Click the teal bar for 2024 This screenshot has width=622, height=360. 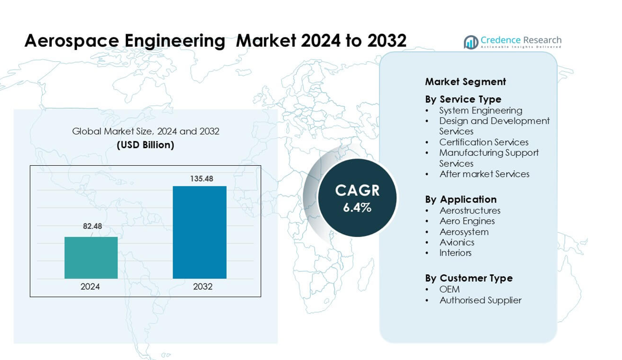click(x=91, y=258)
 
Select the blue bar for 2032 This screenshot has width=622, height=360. click(x=199, y=232)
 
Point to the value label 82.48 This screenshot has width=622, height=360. click(x=92, y=226)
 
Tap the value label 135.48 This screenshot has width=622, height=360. click(x=202, y=179)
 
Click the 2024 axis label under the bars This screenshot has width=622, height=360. click(x=90, y=287)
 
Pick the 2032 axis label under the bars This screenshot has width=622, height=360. click(x=203, y=287)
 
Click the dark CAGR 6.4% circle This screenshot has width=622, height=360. click(x=357, y=198)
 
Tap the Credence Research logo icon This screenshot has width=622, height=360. click(x=471, y=42)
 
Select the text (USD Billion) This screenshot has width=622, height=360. click(x=145, y=145)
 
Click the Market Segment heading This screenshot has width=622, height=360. click(x=466, y=82)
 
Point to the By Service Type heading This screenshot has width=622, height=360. click(x=463, y=99)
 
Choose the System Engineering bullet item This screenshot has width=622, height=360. click(x=481, y=110)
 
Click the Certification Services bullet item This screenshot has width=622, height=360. click(x=484, y=142)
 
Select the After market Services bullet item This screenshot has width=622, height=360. click(x=484, y=174)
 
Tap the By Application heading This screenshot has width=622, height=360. click(x=461, y=199)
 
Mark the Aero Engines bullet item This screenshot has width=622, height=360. click(x=467, y=221)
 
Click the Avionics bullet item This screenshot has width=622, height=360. click(x=457, y=242)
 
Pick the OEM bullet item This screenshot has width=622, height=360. click(x=450, y=289)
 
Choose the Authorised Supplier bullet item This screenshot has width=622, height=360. click(x=481, y=300)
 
